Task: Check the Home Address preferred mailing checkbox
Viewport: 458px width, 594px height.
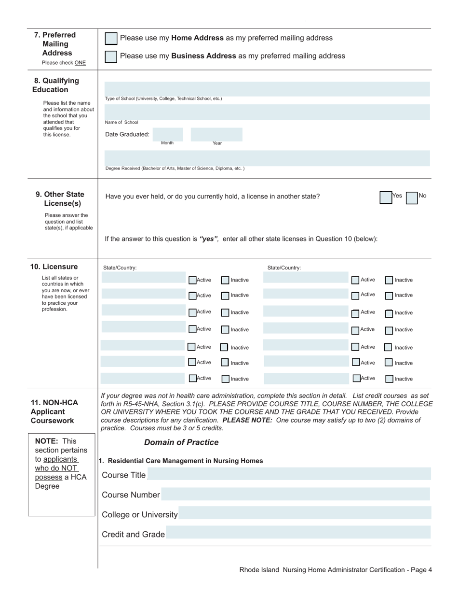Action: click(111, 39)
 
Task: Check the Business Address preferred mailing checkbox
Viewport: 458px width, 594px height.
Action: click(111, 57)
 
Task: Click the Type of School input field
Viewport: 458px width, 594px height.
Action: click(267, 89)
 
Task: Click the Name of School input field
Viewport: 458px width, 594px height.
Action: click(267, 113)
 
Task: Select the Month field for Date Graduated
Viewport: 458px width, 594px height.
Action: click(168, 134)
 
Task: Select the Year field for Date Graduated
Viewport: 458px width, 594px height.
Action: click(216, 134)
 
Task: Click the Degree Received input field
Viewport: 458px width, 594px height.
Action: click(267, 158)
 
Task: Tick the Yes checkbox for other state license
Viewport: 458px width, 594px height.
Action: click(386, 198)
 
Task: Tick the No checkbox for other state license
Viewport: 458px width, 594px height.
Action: click(411, 198)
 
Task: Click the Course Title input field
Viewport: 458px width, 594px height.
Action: click(289, 474)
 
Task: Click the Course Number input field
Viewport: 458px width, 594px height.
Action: click(296, 494)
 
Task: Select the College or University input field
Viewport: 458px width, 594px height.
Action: click(304, 514)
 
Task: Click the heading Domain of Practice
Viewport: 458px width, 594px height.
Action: click(181, 442)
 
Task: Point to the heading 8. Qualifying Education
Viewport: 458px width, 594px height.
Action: click(56, 85)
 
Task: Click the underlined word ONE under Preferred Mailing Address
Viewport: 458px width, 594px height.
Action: click(80, 63)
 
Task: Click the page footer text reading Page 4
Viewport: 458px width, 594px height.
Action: click(419, 570)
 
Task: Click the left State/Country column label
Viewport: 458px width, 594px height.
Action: click(120, 268)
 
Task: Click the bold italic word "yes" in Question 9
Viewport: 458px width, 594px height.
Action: click(209, 239)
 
